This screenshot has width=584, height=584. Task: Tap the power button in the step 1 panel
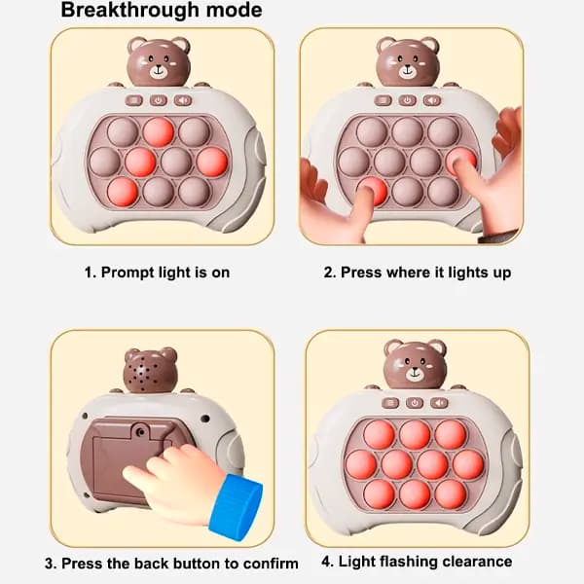point(159,100)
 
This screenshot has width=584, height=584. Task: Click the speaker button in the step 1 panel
point(183,100)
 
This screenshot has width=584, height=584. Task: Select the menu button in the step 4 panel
point(390,403)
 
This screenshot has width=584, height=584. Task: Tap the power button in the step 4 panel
point(415,403)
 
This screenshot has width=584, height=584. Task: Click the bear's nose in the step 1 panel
point(159,67)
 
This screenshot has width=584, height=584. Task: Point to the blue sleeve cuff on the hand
point(236,504)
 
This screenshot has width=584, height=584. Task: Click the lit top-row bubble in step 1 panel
point(159,132)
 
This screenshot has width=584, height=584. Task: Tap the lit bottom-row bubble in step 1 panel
point(123,192)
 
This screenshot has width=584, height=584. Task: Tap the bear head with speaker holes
point(150,371)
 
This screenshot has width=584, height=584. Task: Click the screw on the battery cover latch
point(140,432)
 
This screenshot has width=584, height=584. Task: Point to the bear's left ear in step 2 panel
point(386,45)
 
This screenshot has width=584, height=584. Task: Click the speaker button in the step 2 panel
point(432,100)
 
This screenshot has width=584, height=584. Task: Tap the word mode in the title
point(235,10)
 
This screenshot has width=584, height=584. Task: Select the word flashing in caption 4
point(402,562)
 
